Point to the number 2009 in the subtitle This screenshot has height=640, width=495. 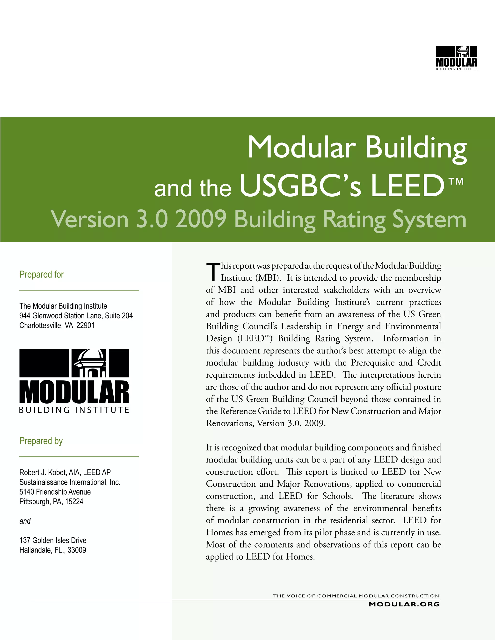pos(201,219)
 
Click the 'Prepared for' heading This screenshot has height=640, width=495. pos(41,274)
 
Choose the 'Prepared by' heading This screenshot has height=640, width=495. pos(41,441)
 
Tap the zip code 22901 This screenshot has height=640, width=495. pos(85,326)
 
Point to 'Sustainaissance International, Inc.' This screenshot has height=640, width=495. pos(70,482)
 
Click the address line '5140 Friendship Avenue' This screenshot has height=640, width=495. pos(55,492)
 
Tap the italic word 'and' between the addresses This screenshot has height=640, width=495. pos(25,521)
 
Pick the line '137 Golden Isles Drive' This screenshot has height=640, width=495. pos(53,540)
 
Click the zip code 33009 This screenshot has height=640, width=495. pos(77,550)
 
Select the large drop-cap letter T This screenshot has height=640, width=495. pos(213,272)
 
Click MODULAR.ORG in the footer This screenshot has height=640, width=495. pos(404,604)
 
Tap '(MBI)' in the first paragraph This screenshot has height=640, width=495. pos(268,278)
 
